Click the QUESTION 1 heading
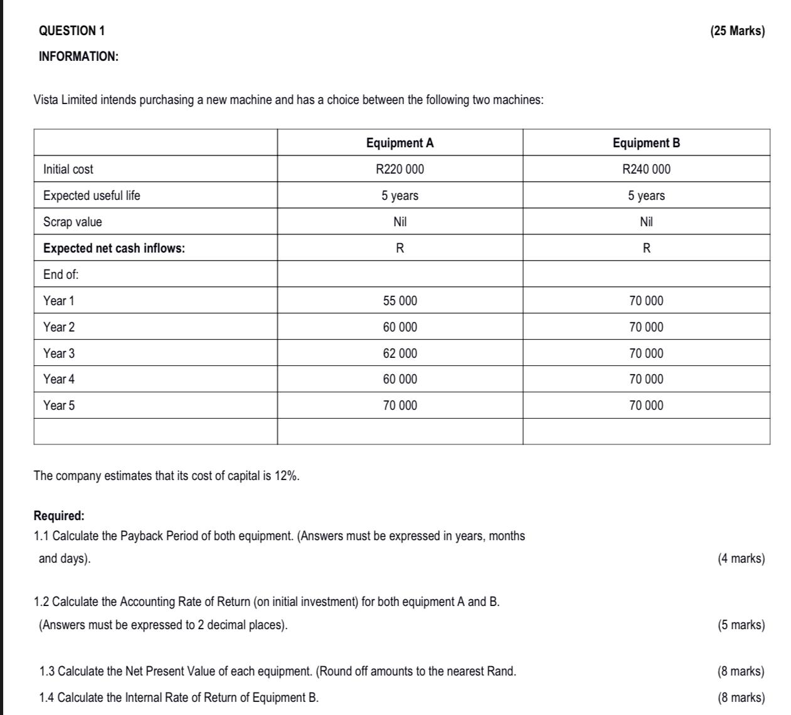pos(72,31)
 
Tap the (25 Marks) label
pos(737,31)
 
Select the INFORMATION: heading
pos(78,56)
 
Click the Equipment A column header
pos(400,143)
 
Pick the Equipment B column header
pos(646,143)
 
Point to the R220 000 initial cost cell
pos(400,169)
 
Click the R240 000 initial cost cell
pos(646,169)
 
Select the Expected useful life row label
pos(92,196)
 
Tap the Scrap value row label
pos(72,222)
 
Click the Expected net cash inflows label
pos(114,248)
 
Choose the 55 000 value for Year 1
pos(400,301)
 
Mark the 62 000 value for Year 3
pos(400,353)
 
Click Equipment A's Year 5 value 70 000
pos(400,405)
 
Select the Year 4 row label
pos(59,379)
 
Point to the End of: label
pos(61,274)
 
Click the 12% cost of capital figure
pos(286,476)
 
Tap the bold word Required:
pos(59,516)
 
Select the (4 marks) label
pos(741,558)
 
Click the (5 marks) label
pos(741,625)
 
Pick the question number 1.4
pos(47,697)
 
